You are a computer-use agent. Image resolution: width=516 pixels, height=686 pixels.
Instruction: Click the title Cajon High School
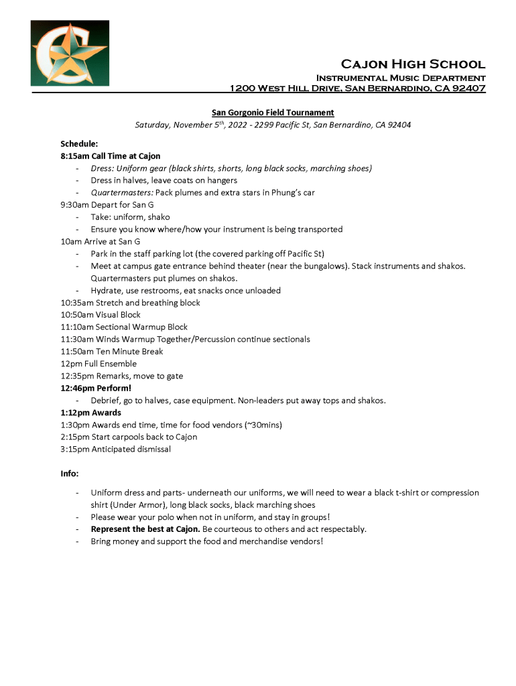click(413, 64)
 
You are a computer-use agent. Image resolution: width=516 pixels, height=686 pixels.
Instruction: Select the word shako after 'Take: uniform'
click(158, 217)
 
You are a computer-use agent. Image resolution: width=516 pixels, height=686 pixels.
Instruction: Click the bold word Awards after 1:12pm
click(107, 413)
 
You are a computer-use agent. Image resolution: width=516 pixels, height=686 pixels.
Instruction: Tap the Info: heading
click(70, 474)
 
